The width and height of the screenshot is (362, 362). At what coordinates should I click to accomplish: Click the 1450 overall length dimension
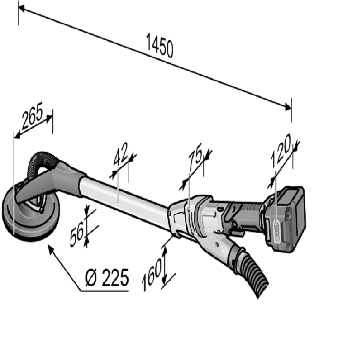159,46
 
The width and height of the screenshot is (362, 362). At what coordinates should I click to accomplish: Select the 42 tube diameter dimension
121,155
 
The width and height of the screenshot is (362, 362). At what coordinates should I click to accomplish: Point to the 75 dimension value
196,160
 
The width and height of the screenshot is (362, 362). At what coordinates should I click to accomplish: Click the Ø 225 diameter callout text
107,277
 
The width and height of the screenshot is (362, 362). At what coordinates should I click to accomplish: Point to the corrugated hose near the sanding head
41,161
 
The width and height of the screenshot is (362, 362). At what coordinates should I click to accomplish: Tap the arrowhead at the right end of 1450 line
287,107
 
